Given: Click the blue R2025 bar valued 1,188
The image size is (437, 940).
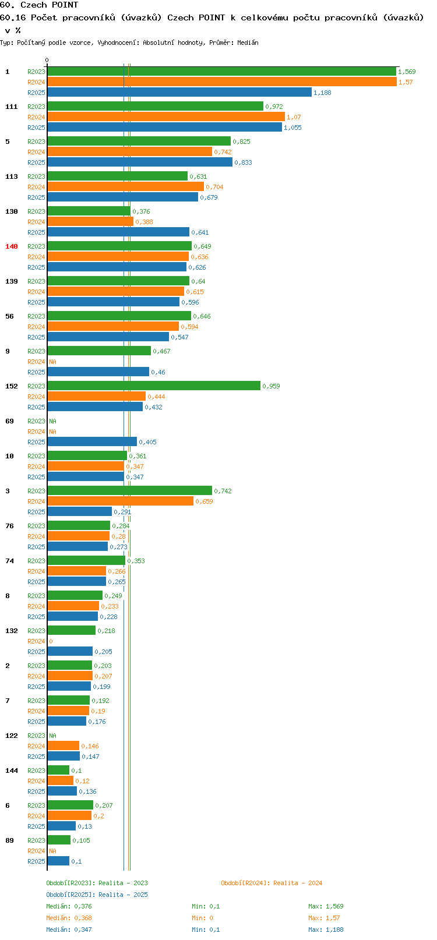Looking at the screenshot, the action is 179,93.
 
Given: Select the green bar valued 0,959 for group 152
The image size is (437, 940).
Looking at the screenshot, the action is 154,386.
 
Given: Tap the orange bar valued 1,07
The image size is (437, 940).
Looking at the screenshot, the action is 166,116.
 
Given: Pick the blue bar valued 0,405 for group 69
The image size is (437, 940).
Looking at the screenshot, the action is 92,441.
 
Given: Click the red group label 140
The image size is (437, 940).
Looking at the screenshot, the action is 11,246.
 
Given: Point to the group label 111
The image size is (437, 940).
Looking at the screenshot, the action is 11,107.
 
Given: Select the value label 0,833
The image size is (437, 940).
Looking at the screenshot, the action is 243,162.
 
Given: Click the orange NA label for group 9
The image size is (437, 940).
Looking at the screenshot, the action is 52,362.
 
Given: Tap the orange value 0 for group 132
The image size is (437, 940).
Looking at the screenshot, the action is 51,641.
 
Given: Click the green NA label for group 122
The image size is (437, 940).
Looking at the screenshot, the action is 52,736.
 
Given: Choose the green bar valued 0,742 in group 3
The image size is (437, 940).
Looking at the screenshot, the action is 130,490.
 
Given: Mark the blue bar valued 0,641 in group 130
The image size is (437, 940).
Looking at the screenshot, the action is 118,232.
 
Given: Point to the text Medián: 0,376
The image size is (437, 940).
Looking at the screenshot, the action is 69,906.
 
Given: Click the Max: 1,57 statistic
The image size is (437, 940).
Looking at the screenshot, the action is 324,918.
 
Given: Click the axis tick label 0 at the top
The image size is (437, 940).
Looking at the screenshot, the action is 47,60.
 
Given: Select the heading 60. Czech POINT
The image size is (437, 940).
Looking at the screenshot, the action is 39,5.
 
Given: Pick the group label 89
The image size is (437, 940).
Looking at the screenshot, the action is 9,840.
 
